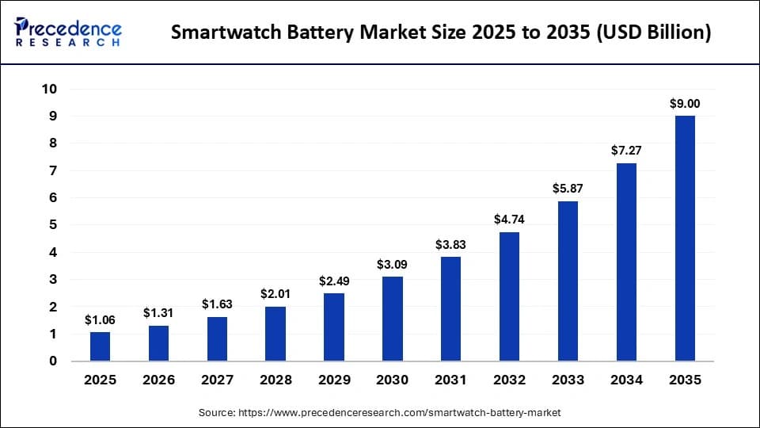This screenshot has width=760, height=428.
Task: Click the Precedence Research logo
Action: (x=68, y=32)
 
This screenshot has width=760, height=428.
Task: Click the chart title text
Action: (x=441, y=32)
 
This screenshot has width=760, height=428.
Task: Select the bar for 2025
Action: (x=101, y=346)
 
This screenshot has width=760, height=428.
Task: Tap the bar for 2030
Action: (x=393, y=319)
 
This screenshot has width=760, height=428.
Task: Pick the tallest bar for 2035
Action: (x=685, y=239)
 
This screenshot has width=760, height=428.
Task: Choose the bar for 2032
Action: (x=510, y=296)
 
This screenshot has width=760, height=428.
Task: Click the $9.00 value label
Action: (x=685, y=104)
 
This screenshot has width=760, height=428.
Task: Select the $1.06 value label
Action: (x=101, y=320)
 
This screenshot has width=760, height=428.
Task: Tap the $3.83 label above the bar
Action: (x=451, y=245)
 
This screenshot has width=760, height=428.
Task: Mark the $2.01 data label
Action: (x=276, y=294)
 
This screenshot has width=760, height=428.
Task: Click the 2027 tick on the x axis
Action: (x=217, y=380)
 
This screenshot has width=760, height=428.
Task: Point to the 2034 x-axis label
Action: (x=626, y=380)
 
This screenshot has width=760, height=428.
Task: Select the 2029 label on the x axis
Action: (x=334, y=380)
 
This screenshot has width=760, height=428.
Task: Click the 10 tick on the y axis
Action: (x=49, y=89)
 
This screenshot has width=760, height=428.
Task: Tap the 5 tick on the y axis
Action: (x=53, y=225)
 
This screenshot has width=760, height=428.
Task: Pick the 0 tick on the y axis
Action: (x=53, y=361)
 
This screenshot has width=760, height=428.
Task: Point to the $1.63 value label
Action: (x=217, y=304)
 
